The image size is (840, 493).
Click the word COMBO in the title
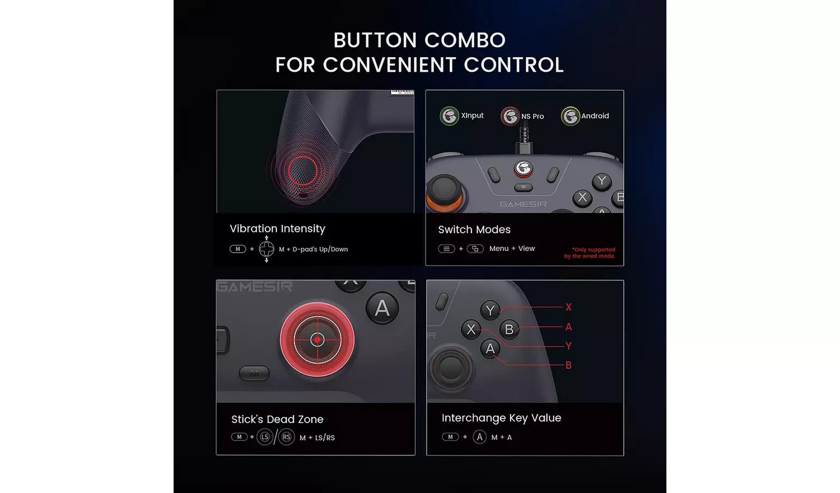[465, 40]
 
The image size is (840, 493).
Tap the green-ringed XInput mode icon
[449, 116]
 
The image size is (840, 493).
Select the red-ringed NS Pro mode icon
[510, 117]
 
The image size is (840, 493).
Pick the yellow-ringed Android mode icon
[570, 117]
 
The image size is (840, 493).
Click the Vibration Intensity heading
[277, 229]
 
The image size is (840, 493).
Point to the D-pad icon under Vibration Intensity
[267, 249]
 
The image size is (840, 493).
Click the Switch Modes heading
[474, 230]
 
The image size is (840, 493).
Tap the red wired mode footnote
[590, 253]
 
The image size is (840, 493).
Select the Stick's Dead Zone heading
[277, 420]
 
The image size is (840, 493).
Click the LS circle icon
[265, 437]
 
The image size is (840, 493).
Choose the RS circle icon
[286, 437]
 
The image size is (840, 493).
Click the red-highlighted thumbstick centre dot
[318, 339]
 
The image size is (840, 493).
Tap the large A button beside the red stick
[382, 308]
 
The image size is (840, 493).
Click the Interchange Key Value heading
[501, 418]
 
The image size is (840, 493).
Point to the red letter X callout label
[568, 307]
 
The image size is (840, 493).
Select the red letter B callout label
[568, 365]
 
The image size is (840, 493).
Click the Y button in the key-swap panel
[491, 310]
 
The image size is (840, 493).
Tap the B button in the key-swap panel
[509, 329]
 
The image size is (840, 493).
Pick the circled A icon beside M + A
[479, 437]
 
